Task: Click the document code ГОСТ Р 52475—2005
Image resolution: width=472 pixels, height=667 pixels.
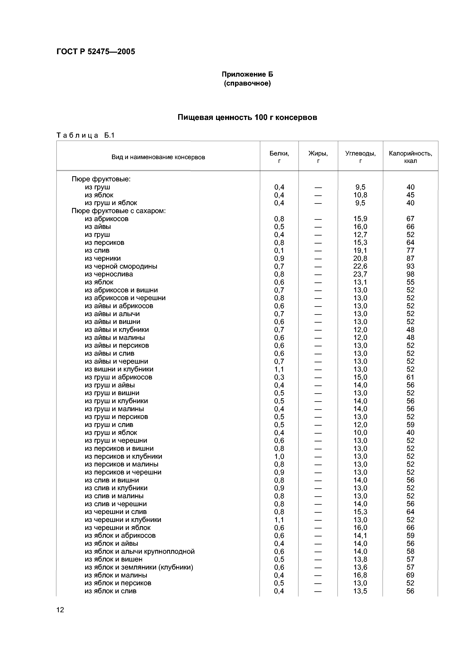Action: [96, 52]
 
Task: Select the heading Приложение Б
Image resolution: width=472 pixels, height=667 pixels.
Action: [247, 74]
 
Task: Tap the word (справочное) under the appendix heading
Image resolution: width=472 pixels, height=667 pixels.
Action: [247, 84]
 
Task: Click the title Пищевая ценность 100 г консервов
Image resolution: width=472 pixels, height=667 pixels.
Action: [247, 117]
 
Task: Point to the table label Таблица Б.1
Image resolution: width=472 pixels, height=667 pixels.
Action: [86, 135]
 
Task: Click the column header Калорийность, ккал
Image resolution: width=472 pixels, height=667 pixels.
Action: [410, 157]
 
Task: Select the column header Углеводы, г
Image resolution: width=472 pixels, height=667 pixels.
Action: [360, 157]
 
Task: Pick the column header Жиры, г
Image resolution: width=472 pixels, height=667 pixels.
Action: [318, 157]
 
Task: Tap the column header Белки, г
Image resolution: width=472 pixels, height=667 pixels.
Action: [279, 157]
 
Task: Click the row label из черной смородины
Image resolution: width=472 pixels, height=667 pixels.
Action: [121, 266]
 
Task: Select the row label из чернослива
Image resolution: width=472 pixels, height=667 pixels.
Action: [109, 274]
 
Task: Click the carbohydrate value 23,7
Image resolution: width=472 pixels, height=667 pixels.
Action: [360, 274]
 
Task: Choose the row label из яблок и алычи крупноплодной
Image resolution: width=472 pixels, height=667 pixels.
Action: [140, 551]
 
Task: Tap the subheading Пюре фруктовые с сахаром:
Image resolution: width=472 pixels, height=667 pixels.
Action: [119, 211]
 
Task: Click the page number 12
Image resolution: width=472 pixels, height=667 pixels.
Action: [60, 610]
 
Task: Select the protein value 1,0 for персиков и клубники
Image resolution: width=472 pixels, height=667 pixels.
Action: [279, 456]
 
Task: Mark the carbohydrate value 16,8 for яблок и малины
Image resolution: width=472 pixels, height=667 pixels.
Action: [360, 575]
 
